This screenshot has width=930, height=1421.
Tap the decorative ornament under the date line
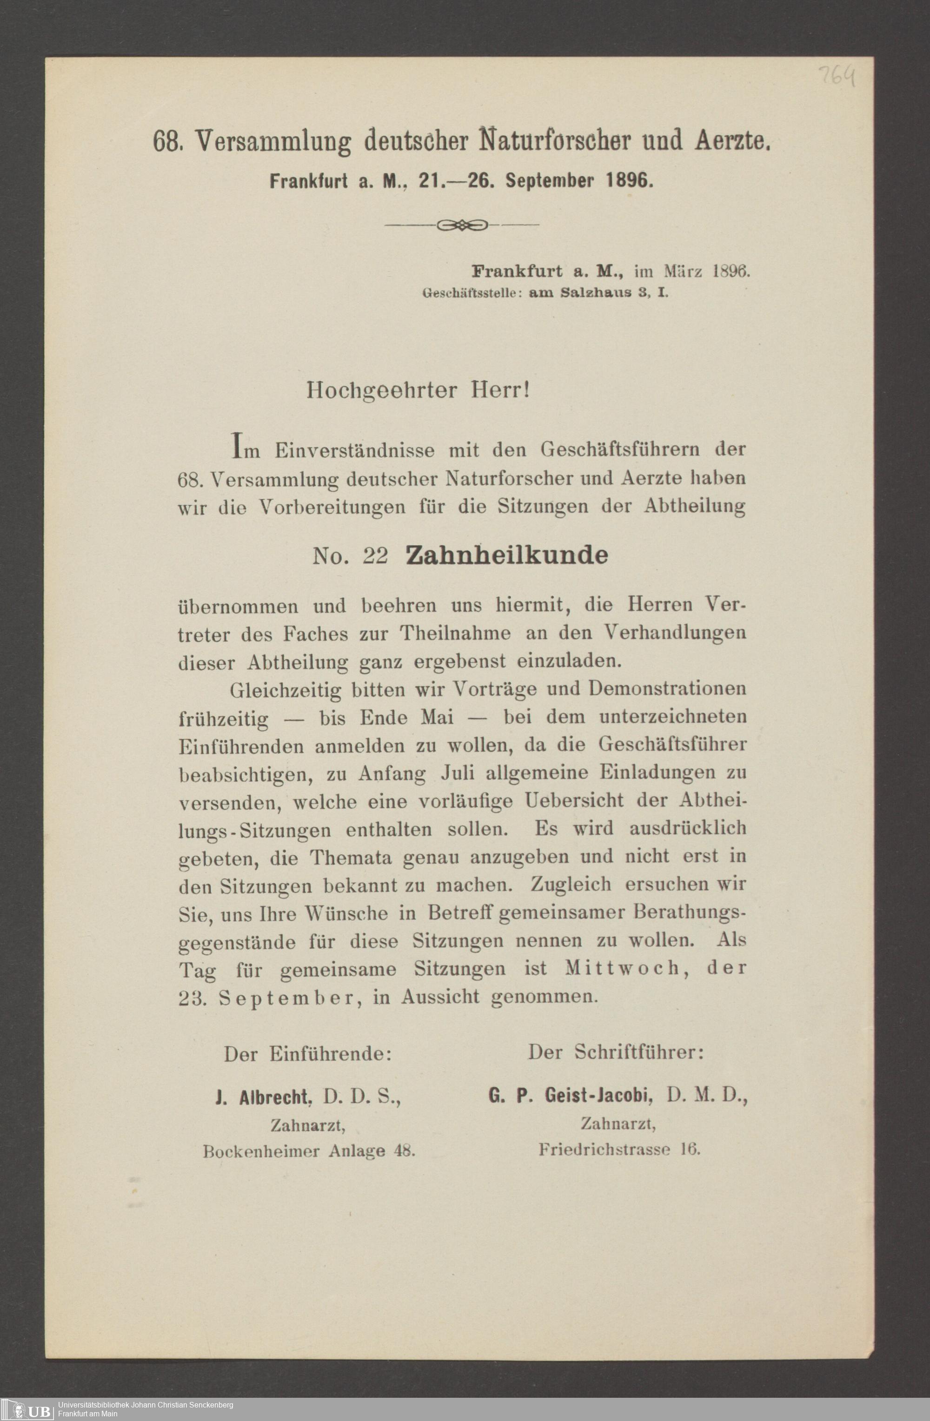(462, 225)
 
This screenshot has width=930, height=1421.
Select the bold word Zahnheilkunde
(506, 555)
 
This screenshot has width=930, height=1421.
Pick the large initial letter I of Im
(237, 447)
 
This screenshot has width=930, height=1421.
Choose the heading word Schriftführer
(639, 1052)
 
